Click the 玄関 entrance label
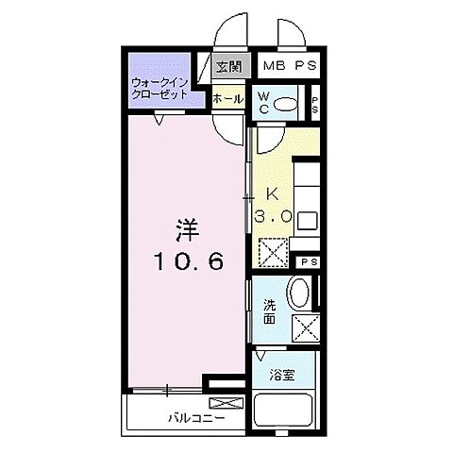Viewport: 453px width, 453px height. pyautogui.click(x=227, y=66)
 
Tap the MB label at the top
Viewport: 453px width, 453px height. pyautogui.click(x=273, y=66)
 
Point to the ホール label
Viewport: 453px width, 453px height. pyautogui.click(x=227, y=98)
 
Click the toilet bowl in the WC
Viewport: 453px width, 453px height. pyautogui.click(x=291, y=104)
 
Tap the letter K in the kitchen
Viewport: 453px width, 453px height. pyautogui.click(x=273, y=195)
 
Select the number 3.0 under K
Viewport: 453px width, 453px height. pyautogui.click(x=273, y=215)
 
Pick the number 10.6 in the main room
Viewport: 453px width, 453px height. pyautogui.click(x=191, y=263)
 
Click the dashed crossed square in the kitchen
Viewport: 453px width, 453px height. pyautogui.click(x=273, y=253)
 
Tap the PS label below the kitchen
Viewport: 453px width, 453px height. pyautogui.click(x=309, y=262)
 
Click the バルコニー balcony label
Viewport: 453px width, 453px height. pyautogui.click(x=197, y=416)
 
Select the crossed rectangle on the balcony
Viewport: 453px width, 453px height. pyautogui.click(x=232, y=404)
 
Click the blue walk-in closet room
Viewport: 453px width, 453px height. pyautogui.click(x=159, y=80)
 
